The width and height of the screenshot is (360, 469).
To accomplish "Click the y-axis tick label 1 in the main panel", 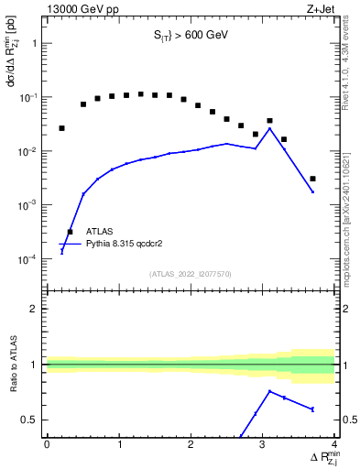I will [35, 43].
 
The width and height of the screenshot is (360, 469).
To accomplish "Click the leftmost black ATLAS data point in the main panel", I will [61, 128].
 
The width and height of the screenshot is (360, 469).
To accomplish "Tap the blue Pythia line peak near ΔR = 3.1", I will [269, 128].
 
